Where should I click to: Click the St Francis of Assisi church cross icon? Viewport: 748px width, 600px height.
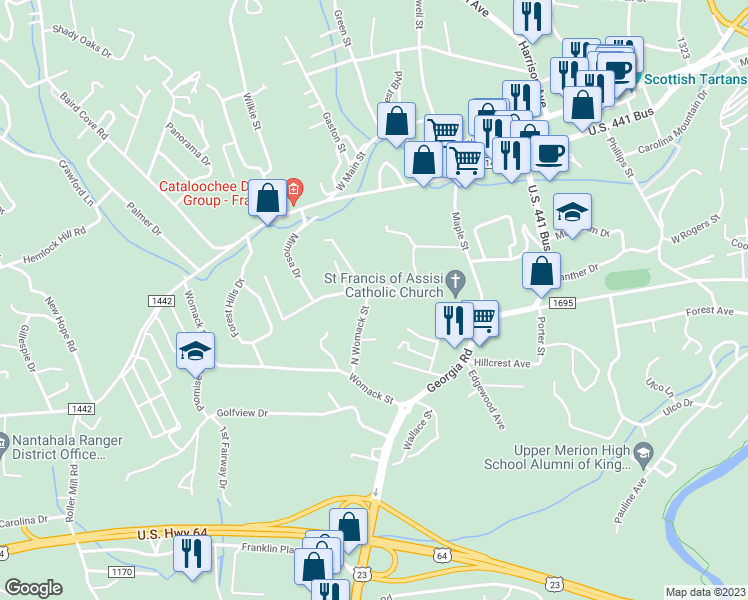(x=457, y=281)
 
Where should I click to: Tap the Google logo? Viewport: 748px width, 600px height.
(x=34, y=588)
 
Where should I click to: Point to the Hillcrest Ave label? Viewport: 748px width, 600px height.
(x=502, y=363)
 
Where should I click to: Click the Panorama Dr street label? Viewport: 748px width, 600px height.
(x=189, y=145)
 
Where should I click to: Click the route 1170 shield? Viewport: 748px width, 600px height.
(x=121, y=571)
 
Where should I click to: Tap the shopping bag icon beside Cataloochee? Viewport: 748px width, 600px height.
(x=268, y=197)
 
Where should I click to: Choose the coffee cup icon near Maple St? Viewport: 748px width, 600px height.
(x=548, y=153)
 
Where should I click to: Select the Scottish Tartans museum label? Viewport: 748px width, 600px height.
(x=694, y=79)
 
